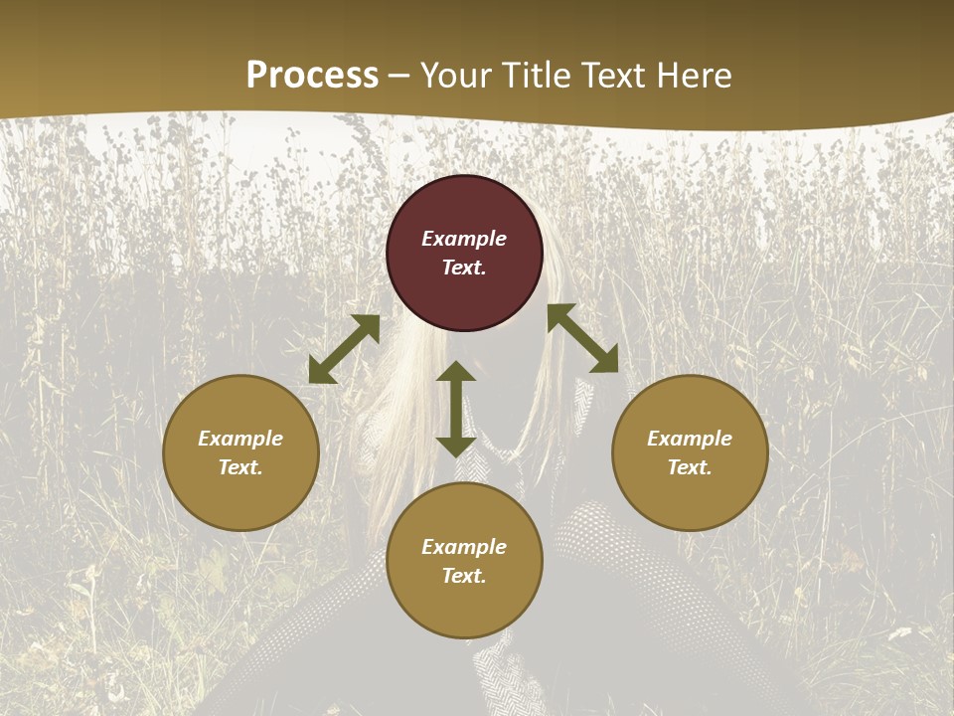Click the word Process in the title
pos(312,76)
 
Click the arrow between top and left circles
pos(344,349)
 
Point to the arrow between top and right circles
pos(582,338)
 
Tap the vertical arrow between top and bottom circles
pos(456,409)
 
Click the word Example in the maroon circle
pos(464,239)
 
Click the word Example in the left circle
pos(240,439)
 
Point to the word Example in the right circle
pos(690,439)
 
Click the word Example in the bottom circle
pos(464,547)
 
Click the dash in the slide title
pos(399,77)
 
